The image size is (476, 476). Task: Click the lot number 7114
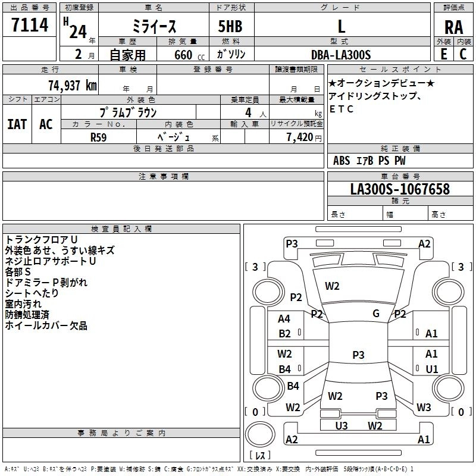[30, 24]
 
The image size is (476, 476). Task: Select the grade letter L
[342, 26]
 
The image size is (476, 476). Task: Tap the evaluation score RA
[453, 27]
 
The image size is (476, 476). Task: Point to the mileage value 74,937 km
[73, 86]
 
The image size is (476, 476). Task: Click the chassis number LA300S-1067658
[400, 189]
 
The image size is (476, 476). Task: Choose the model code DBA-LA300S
[341, 55]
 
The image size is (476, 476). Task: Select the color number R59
[98, 137]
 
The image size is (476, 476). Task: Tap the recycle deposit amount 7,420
[300, 137]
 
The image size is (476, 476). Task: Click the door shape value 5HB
[230, 26]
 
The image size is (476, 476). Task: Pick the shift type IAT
[17, 124]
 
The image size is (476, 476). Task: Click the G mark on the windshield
[376, 313]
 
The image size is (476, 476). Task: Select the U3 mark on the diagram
[342, 425]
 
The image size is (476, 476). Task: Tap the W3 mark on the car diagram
[424, 407]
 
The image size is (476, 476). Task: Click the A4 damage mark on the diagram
[284, 319]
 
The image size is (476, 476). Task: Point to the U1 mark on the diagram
[432, 369]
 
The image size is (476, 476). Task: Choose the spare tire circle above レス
[260, 434]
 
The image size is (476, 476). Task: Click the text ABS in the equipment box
[342, 161]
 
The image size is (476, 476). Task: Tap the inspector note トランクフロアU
[41, 240]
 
